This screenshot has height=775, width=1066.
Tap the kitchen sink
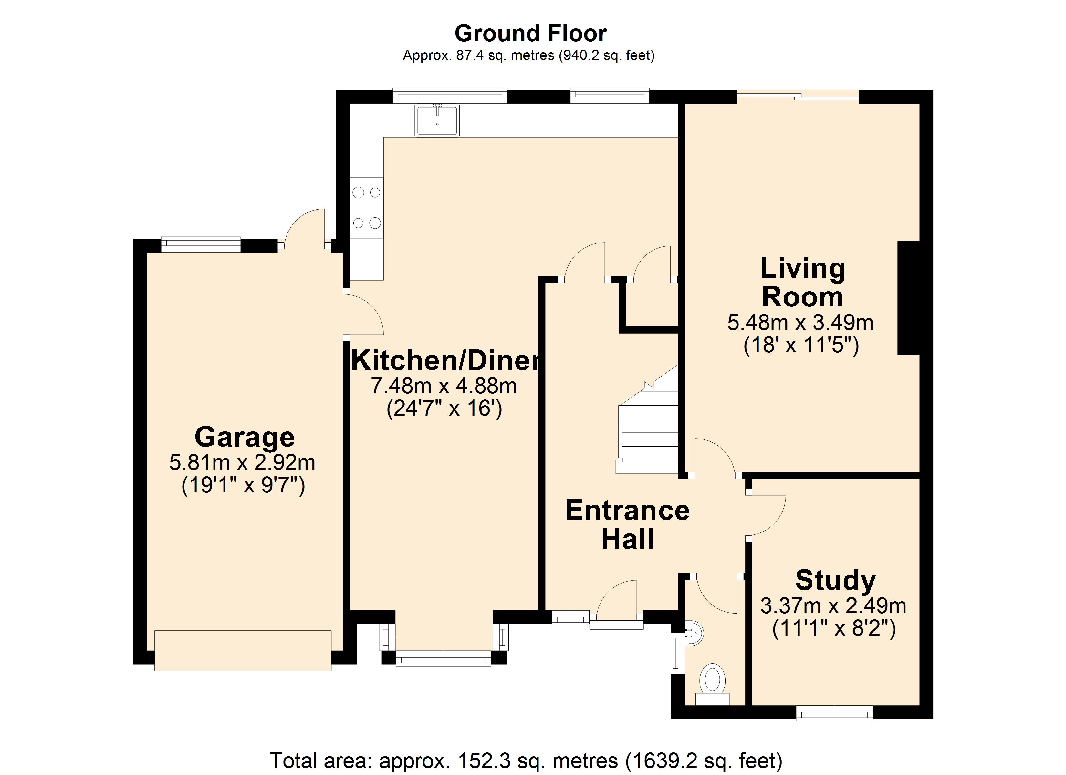[x=437, y=120]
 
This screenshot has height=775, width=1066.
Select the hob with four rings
[x=367, y=207]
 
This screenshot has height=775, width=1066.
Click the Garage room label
[x=245, y=437]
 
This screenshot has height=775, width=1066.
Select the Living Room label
[x=803, y=283]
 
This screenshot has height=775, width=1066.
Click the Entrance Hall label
[x=627, y=524]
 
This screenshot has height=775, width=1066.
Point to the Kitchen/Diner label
[x=445, y=360]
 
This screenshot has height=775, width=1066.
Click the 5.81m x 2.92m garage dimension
[x=242, y=463]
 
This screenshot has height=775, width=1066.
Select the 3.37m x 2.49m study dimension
[x=833, y=606]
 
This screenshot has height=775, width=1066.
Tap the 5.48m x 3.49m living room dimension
[x=800, y=323]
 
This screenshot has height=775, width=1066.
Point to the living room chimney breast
[x=908, y=298]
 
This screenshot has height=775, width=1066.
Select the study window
[x=834, y=713]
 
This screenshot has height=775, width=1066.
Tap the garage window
[x=201, y=244]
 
